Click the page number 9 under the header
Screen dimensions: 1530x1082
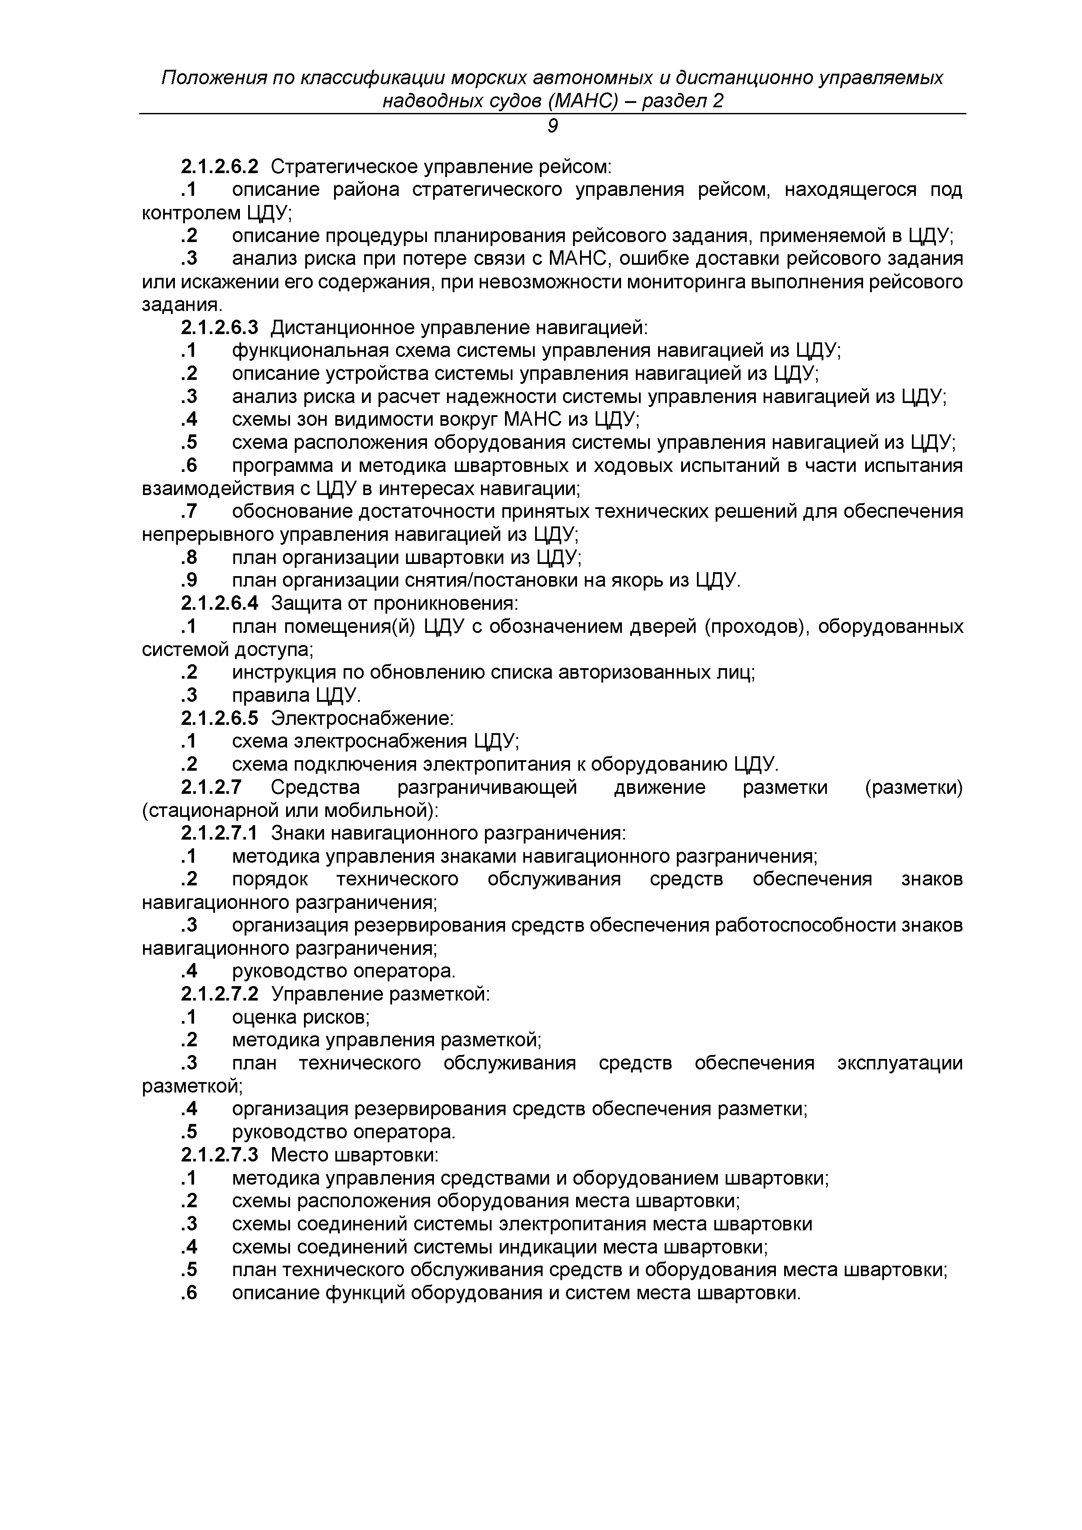[x=552, y=126]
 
